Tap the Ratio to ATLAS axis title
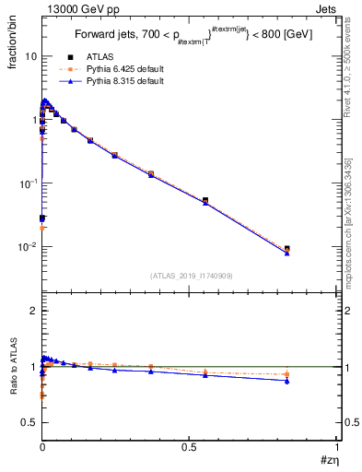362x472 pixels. (13, 369)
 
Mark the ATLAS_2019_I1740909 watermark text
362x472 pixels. (190, 277)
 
